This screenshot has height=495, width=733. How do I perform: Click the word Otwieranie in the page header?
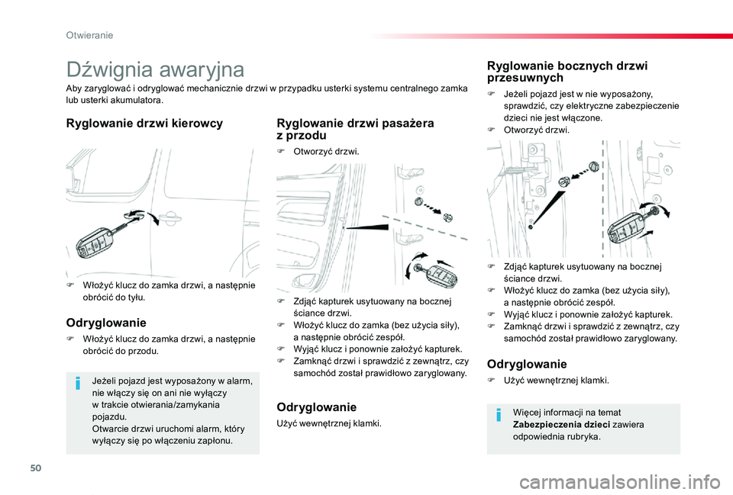pos(90,35)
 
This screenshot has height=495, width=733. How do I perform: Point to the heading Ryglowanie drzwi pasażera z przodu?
pos(355,129)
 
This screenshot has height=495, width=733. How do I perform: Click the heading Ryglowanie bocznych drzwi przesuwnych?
pos(567,72)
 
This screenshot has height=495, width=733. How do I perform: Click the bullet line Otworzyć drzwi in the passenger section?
pos(321,152)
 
